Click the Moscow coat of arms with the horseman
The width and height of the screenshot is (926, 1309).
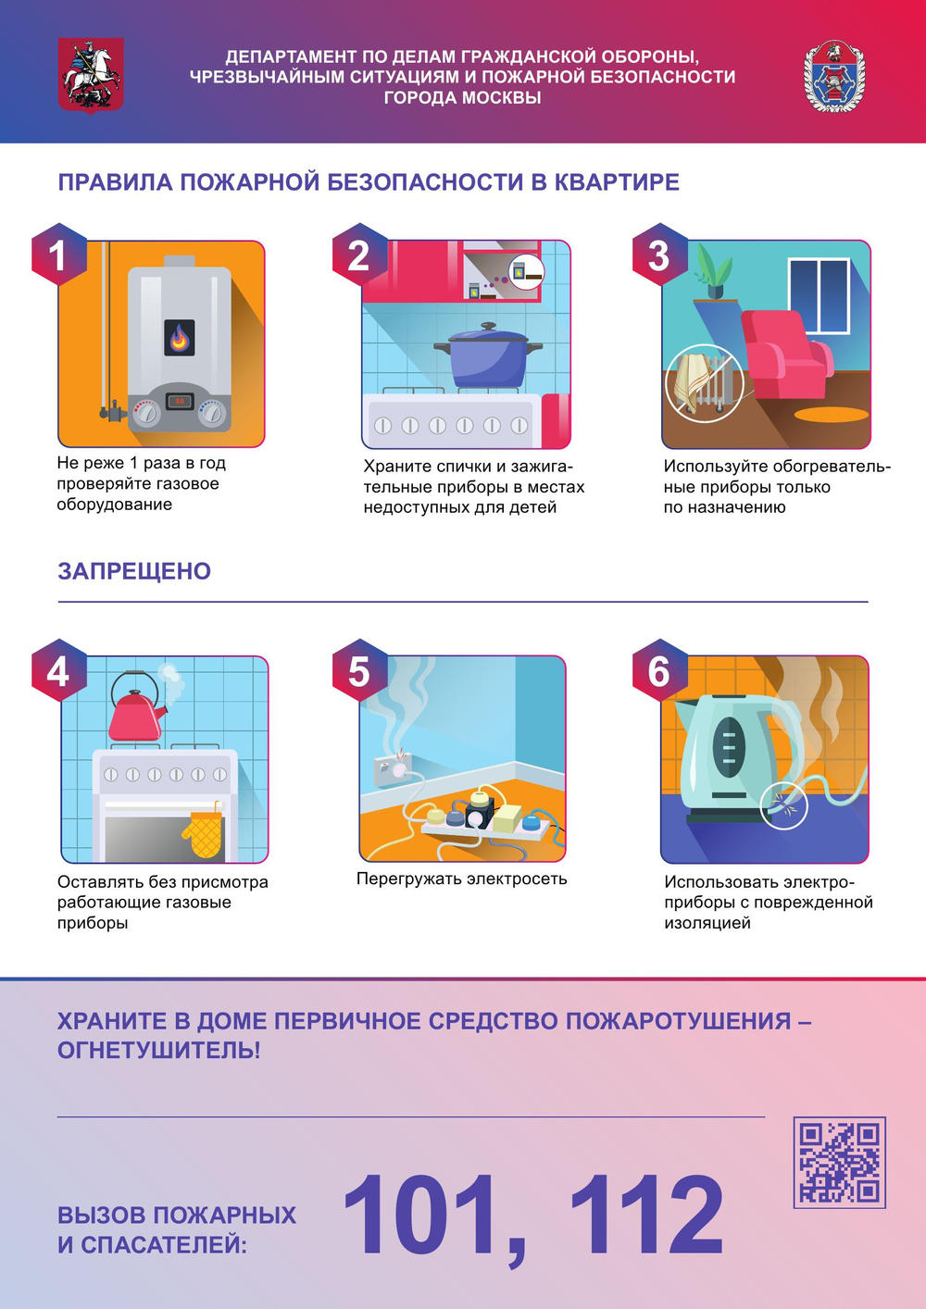pos(91,74)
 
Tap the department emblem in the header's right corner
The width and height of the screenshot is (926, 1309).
pos(834,76)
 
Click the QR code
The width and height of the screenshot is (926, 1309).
pos(840,1163)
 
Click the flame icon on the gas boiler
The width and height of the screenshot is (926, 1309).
pos(180,338)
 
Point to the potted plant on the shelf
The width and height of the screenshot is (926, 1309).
pos(713,271)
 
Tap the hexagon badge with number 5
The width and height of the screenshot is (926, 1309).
pos(359,670)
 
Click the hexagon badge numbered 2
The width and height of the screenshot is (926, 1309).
pos(359,255)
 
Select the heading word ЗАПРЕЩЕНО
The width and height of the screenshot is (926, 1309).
pos(134,571)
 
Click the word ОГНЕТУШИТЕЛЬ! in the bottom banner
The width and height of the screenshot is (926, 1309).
pos(158,1050)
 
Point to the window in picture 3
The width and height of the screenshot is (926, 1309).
pos(819,295)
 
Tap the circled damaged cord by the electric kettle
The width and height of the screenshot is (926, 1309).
pos(784,805)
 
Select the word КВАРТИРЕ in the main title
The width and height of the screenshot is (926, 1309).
pos(617,181)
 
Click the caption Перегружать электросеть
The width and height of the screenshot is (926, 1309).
pos(462,879)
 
